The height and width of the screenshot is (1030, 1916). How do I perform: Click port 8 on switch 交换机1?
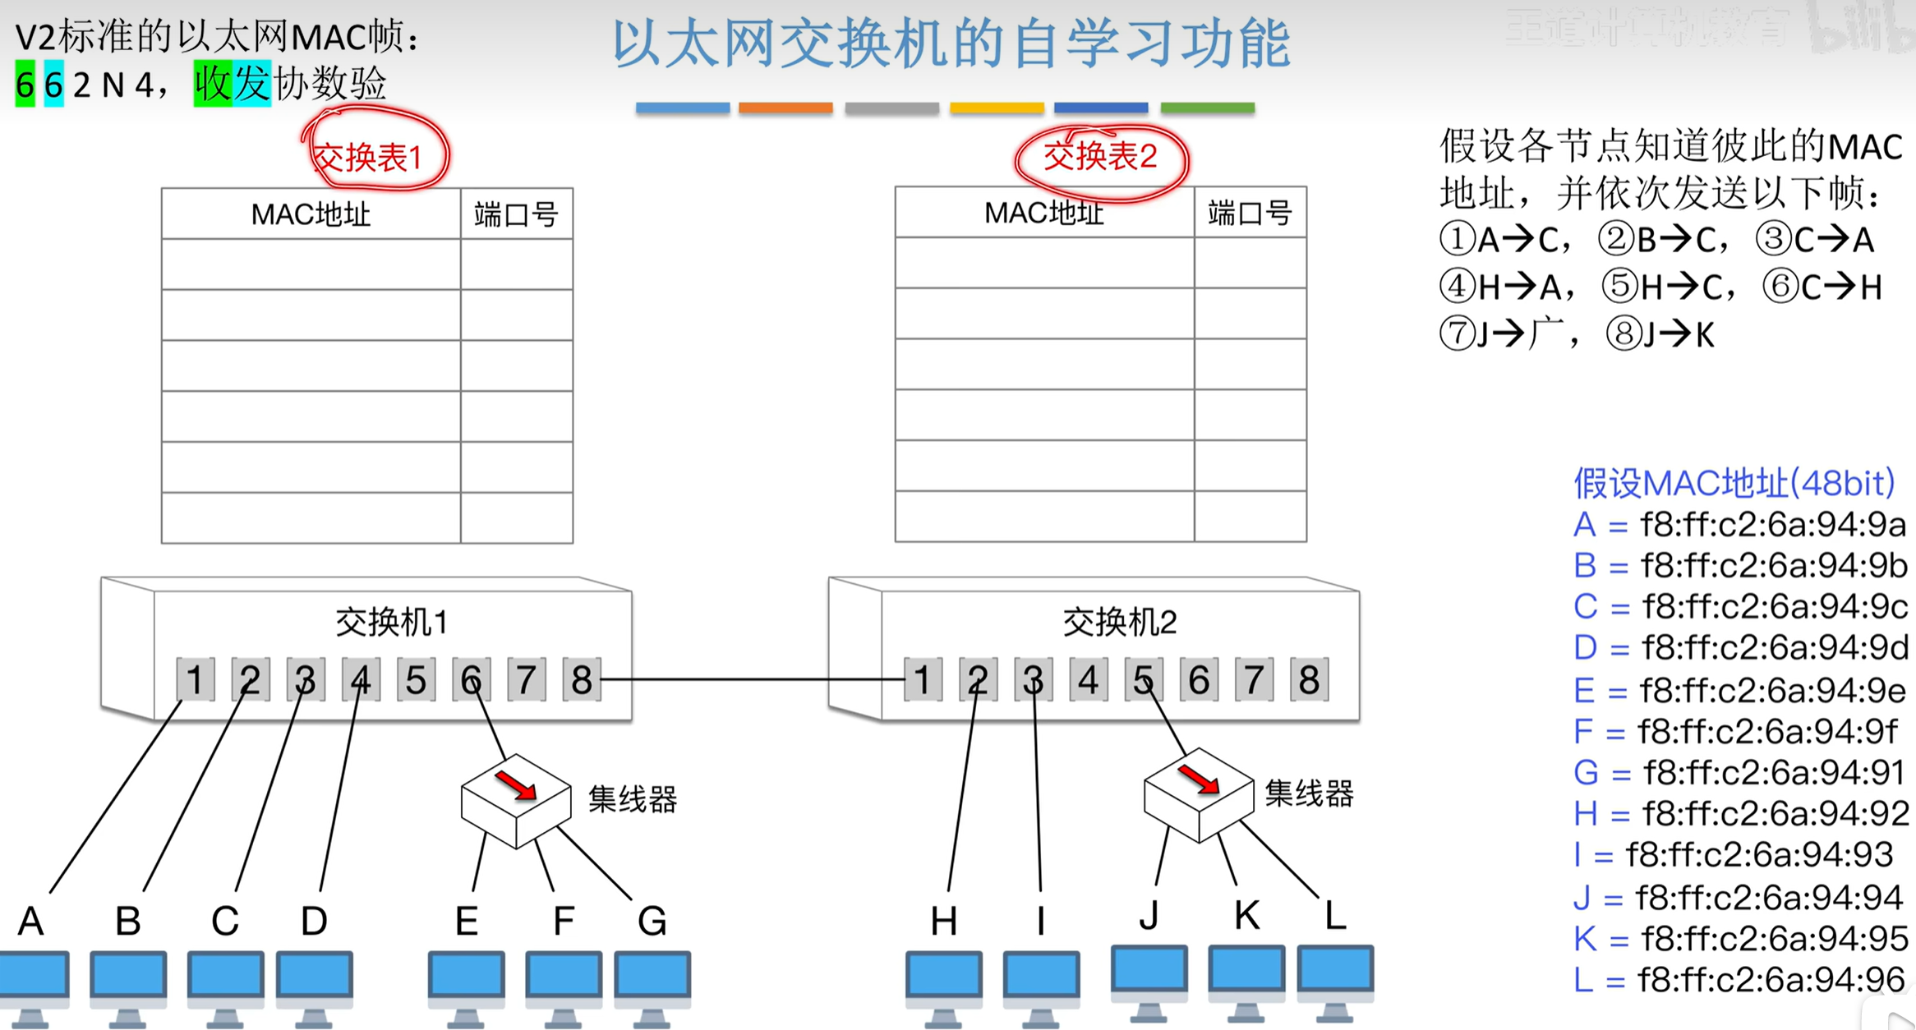pos(582,679)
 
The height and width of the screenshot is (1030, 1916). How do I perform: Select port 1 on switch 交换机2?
pos(923,679)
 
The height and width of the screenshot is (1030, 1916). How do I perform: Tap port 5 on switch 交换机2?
pos(1143,679)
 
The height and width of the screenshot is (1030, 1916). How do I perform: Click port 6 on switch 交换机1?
pos(471,679)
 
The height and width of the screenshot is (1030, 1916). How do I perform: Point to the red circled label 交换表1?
pos(369,156)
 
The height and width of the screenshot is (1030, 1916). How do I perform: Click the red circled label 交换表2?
pos(1100,156)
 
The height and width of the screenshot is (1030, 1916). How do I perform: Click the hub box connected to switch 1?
pos(516,801)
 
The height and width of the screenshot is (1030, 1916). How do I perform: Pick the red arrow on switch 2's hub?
pos(1199,779)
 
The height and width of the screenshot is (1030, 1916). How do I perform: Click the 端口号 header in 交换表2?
pos(1250,214)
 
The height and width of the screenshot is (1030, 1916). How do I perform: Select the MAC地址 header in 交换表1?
pos(311,214)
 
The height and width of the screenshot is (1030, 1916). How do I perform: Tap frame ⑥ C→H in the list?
pos(1822,287)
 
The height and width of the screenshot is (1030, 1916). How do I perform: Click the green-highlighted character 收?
pos(213,84)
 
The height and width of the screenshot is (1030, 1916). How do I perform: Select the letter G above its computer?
pos(652,921)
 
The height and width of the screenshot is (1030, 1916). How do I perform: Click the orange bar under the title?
pos(785,108)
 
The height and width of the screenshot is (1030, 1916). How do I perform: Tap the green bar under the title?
pos(1207,108)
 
